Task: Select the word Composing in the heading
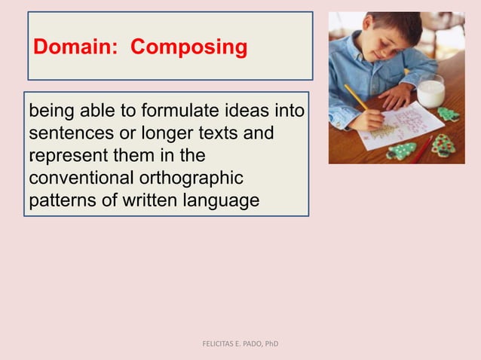coord(188,47)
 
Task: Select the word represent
coord(64,156)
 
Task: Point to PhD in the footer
coord(271,344)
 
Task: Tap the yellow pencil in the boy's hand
coord(356,98)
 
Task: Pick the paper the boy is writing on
coord(400,124)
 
